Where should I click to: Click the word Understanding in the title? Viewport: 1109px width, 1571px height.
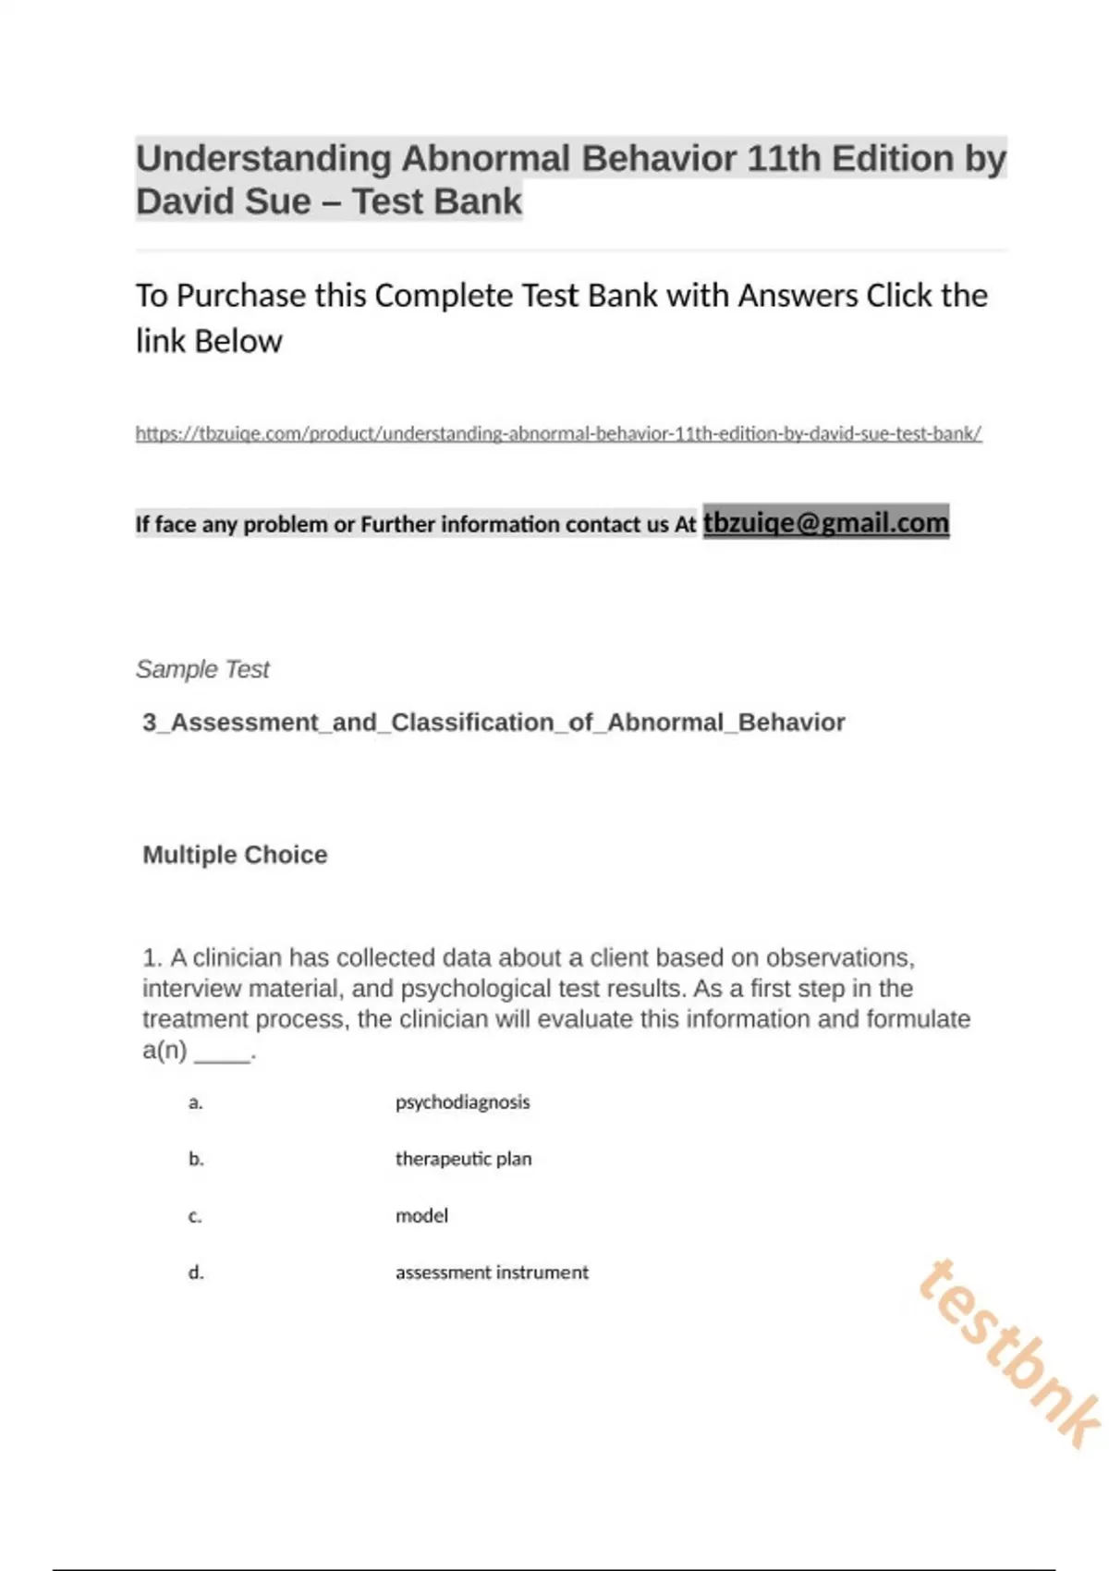(263, 159)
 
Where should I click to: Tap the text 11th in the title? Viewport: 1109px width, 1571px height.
(784, 159)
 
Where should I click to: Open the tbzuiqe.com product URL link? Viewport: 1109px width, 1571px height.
(558, 432)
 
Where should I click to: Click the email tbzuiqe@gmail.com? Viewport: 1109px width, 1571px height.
(825, 522)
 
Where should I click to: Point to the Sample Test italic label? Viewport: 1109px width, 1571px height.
(202, 669)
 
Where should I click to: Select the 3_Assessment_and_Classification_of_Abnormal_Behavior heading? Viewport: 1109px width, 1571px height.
(494, 722)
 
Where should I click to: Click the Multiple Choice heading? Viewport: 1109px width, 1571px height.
(235, 855)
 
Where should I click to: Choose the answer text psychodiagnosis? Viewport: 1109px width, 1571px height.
(462, 1102)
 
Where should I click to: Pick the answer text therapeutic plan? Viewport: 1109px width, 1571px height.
(463, 1159)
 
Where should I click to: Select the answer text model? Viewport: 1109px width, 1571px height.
(421, 1215)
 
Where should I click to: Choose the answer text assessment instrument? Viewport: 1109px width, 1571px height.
(492, 1273)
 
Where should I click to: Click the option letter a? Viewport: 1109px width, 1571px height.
(195, 1102)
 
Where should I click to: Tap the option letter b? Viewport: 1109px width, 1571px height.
(196, 1159)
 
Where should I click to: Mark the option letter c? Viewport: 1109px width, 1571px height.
(195, 1216)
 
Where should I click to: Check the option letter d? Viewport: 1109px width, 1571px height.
(196, 1273)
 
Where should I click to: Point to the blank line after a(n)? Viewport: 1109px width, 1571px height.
(222, 1053)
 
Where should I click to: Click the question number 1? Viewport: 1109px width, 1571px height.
(151, 957)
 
